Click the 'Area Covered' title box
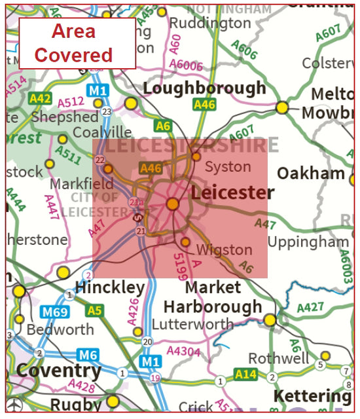pyautogui.click(x=77, y=43)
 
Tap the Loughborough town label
pyautogui.click(x=204, y=88)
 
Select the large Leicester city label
pyautogui.click(x=232, y=193)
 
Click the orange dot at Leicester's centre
pyautogui.click(x=173, y=204)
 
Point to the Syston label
pyautogui.click(x=228, y=167)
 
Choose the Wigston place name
pyautogui.click(x=225, y=249)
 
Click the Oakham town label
pyautogui.click(x=311, y=173)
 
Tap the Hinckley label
pyautogui.click(x=109, y=287)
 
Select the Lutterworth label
pyautogui.click(x=192, y=324)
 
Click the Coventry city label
pyautogui.click(x=58, y=371)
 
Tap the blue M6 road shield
pyautogui.click(x=87, y=355)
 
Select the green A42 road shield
pyautogui.click(x=39, y=98)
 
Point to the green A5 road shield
pyautogui.click(x=95, y=310)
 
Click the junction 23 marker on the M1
pyautogui.click(x=107, y=112)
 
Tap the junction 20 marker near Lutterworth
pyautogui.click(x=147, y=342)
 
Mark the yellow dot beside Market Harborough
pyautogui.click(x=270, y=319)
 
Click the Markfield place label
pyautogui.click(x=77, y=184)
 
